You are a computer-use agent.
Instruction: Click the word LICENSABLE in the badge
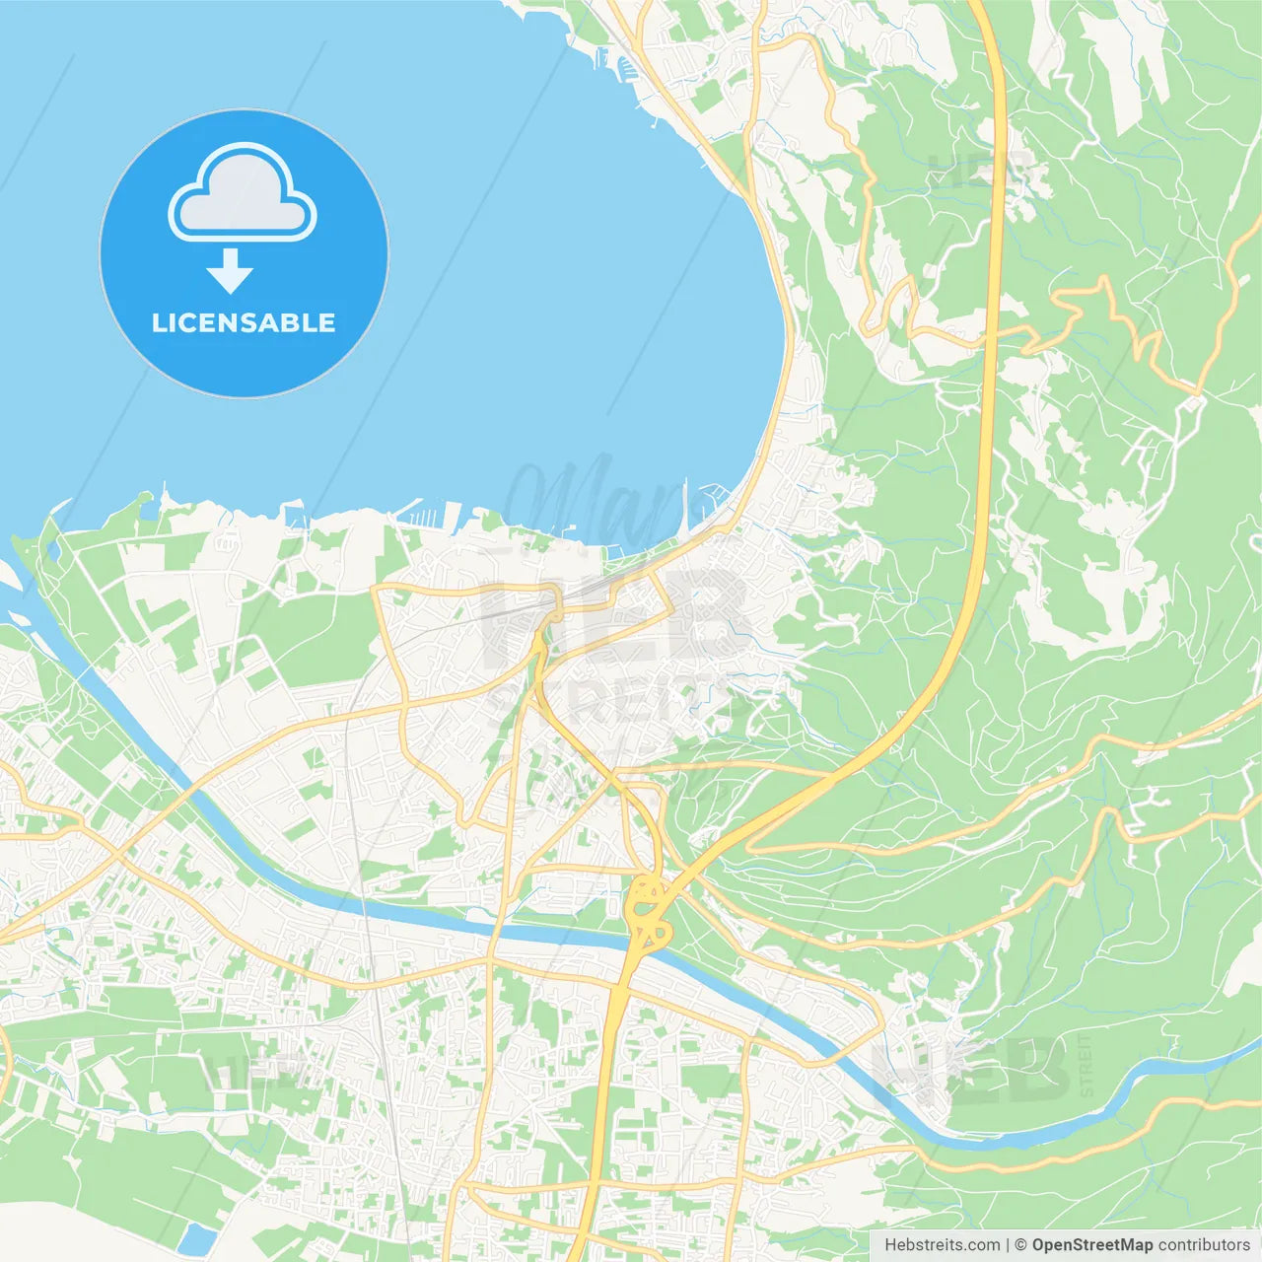point(244,322)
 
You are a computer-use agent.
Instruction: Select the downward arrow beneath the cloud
point(230,271)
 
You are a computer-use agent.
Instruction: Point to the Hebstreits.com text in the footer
point(942,1245)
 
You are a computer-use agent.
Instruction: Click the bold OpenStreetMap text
point(1091,1245)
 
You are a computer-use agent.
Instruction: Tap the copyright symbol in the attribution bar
point(1021,1245)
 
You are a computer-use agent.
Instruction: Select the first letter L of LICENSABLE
point(158,322)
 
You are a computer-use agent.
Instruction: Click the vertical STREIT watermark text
point(1087,1065)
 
